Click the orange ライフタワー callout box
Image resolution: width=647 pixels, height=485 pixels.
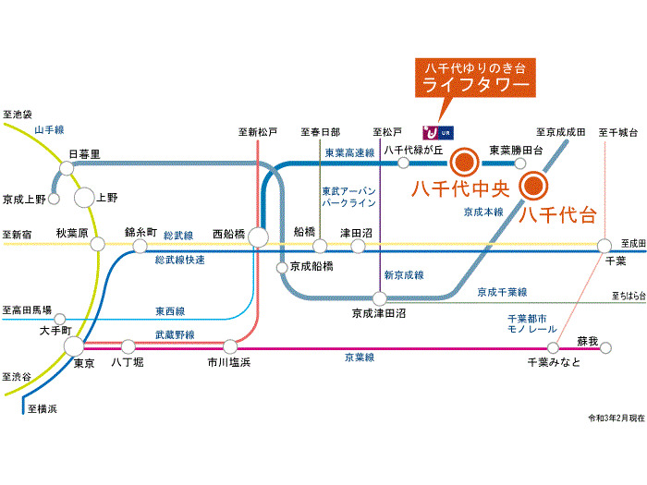(475, 79)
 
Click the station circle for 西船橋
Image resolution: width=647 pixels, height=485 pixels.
(258, 237)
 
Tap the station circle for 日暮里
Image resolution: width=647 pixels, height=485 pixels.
(67, 167)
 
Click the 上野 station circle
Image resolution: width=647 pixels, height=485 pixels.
(84, 197)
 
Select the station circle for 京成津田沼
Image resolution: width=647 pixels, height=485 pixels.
(379, 298)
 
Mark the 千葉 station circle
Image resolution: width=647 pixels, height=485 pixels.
(604, 246)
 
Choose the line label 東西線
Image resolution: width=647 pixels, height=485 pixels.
(169, 311)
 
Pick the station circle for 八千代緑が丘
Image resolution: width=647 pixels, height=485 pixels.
(403, 164)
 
